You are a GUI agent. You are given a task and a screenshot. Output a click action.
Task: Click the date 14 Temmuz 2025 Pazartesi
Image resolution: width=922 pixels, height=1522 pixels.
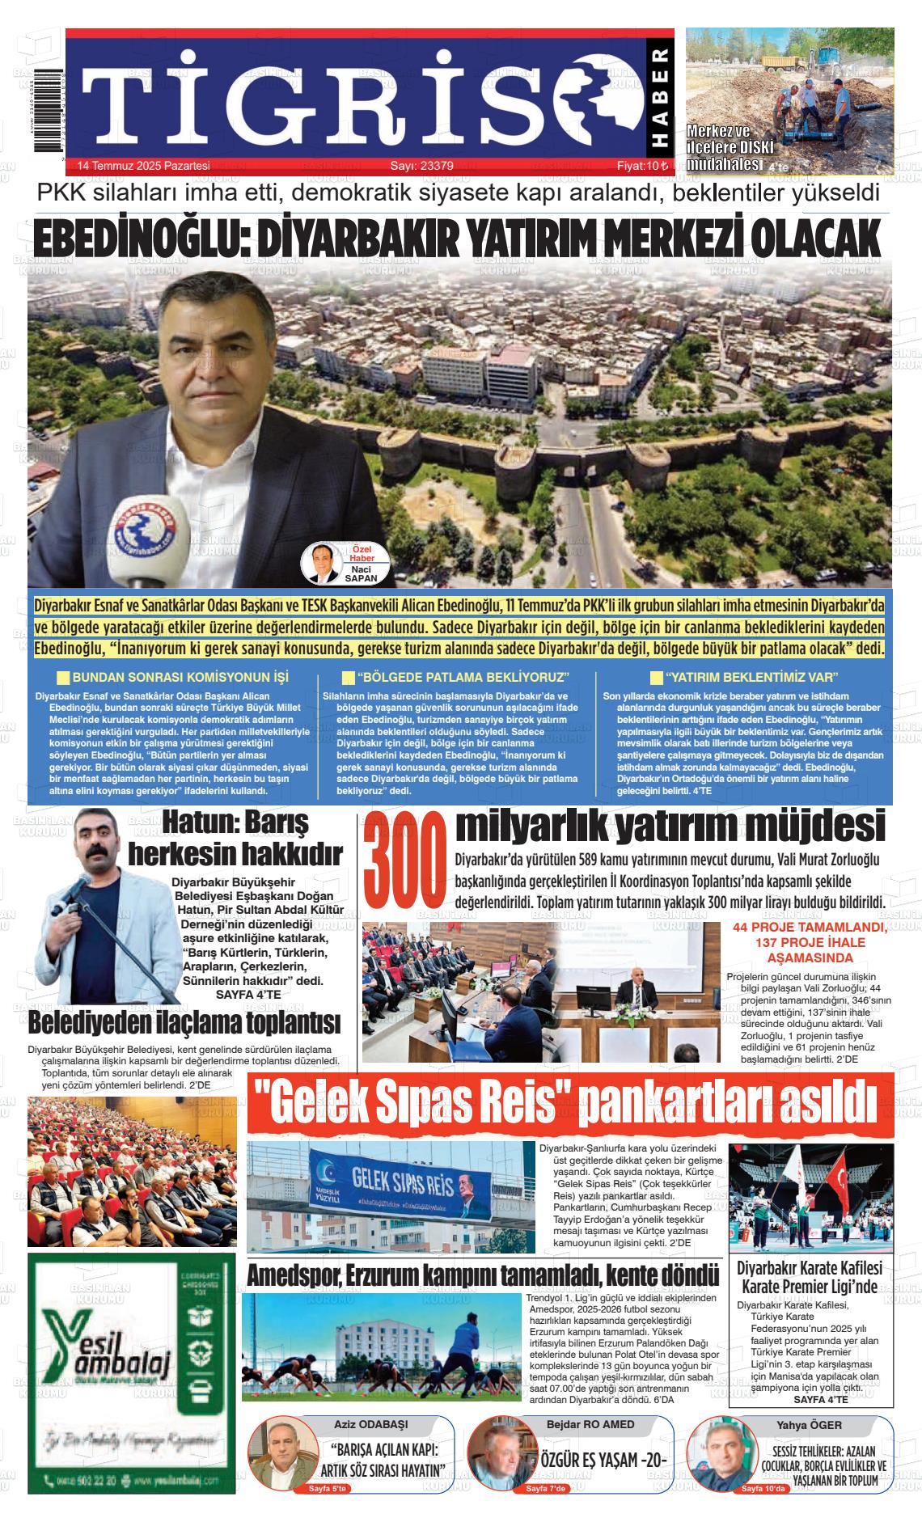(143, 166)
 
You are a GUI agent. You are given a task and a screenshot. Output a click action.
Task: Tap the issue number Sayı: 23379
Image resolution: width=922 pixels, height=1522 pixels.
(421, 166)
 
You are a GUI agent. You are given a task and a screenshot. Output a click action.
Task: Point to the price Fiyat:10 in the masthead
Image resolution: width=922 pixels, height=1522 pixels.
(642, 166)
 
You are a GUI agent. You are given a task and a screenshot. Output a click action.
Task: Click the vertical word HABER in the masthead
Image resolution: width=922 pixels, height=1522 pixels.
(659, 98)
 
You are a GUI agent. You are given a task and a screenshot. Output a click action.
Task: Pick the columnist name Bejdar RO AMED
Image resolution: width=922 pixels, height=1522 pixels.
(590, 1424)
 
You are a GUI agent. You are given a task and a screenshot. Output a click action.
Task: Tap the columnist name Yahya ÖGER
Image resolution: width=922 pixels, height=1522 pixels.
(797, 1424)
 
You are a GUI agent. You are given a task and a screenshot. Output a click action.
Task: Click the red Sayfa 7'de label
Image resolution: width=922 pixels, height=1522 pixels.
(548, 1489)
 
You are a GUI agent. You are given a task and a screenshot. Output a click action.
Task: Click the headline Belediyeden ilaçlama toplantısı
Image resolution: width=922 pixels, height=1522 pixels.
(184, 1023)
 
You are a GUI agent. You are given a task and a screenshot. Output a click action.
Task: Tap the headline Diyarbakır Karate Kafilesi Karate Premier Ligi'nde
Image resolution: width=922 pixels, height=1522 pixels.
(810, 1278)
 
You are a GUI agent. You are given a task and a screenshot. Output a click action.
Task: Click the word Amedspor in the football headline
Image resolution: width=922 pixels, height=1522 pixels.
(293, 1275)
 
